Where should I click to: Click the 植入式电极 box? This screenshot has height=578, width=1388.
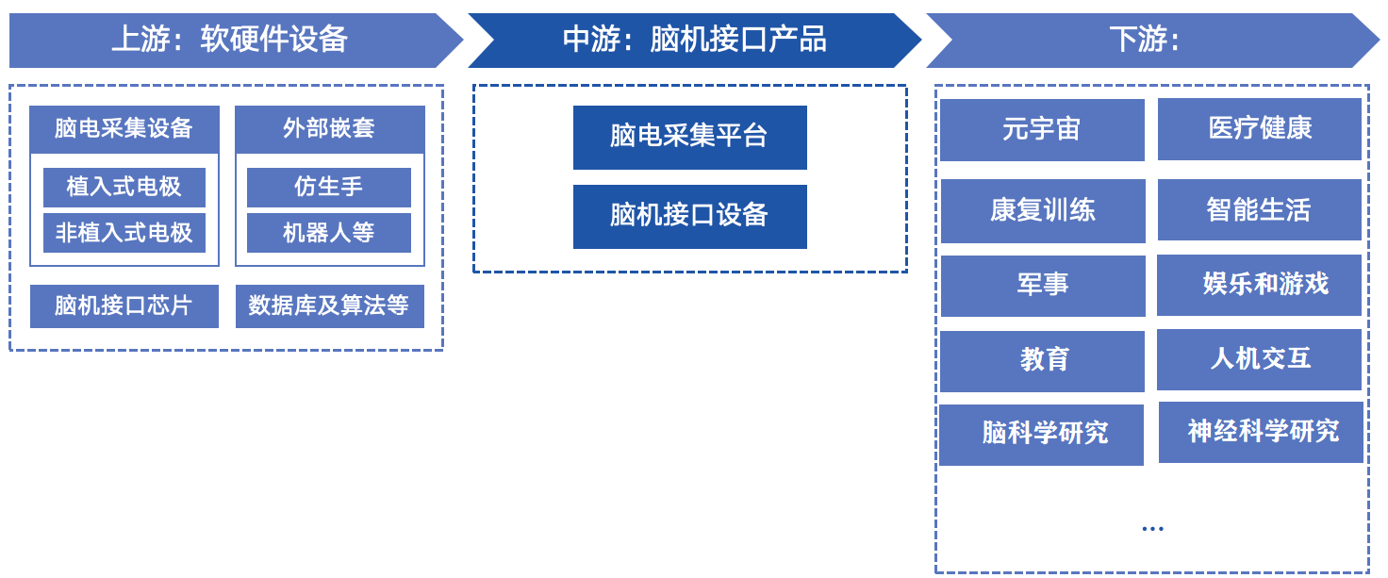[x=124, y=187]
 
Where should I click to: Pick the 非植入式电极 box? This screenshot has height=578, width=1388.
[x=124, y=233]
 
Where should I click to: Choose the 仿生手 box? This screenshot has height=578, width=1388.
[x=329, y=187]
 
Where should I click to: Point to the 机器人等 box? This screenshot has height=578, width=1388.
[x=329, y=233]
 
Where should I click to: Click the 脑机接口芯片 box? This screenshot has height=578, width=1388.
[x=124, y=306]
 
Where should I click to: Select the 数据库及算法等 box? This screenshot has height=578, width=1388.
[x=330, y=306]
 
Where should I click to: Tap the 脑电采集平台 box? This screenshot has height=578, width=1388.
[x=689, y=138]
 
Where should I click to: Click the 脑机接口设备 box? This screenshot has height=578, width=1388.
[x=689, y=217]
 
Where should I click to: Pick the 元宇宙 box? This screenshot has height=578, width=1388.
[x=1042, y=130]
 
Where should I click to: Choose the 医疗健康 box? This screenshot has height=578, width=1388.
[x=1260, y=129]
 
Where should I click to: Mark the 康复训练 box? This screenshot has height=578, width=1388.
[x=1043, y=211]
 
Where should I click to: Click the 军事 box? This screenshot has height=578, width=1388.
[x=1043, y=287]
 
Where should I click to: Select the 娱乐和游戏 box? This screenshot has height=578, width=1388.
[x=1259, y=285]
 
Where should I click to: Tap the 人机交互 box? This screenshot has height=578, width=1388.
[x=1259, y=359]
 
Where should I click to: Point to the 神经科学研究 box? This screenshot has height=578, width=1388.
[x=1261, y=433]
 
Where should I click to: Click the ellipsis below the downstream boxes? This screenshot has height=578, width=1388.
[x=1152, y=529]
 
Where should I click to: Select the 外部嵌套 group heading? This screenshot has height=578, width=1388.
[x=330, y=129]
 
